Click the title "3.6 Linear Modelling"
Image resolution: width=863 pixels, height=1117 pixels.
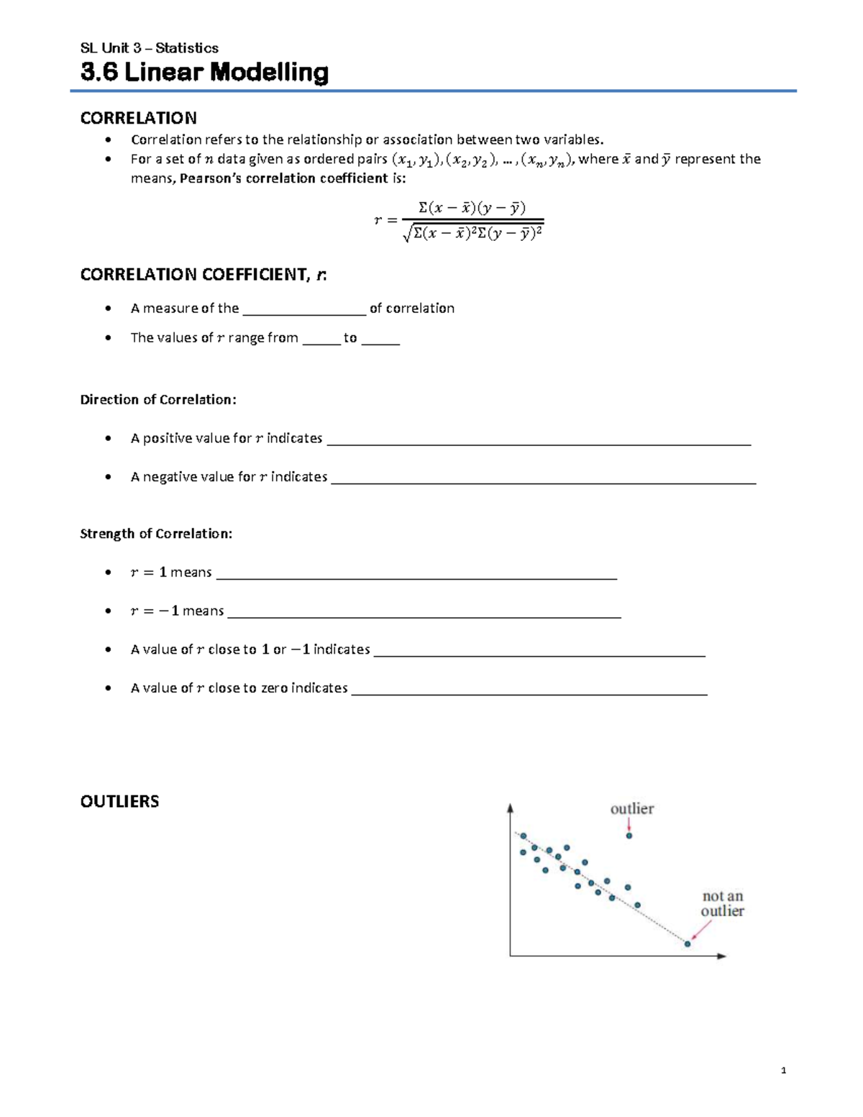(204, 73)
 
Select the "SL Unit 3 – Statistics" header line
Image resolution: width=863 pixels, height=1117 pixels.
(150, 48)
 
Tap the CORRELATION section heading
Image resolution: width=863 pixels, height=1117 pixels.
(138, 118)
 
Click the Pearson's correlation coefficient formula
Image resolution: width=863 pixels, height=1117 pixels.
(459, 220)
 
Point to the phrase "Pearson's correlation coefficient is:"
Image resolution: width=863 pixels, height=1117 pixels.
(293, 178)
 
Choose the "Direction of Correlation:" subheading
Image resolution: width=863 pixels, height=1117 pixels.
(158, 400)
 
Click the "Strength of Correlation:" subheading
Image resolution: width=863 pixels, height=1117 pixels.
(156, 534)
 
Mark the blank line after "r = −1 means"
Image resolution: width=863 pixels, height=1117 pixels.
(424, 613)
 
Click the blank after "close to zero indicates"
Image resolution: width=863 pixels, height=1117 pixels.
(529, 690)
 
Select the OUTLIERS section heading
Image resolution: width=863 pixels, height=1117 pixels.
(119, 801)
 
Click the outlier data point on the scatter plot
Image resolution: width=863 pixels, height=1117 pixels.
(629, 836)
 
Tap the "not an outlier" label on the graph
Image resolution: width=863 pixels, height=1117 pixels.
(722, 903)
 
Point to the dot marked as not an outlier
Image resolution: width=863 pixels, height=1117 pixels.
(688, 944)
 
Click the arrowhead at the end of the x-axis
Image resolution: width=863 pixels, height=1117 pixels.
(722, 956)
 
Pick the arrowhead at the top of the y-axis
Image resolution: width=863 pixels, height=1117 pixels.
(510, 808)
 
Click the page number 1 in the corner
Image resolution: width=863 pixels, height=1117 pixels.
(783, 1070)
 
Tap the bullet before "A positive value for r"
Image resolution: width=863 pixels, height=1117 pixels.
(108, 438)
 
